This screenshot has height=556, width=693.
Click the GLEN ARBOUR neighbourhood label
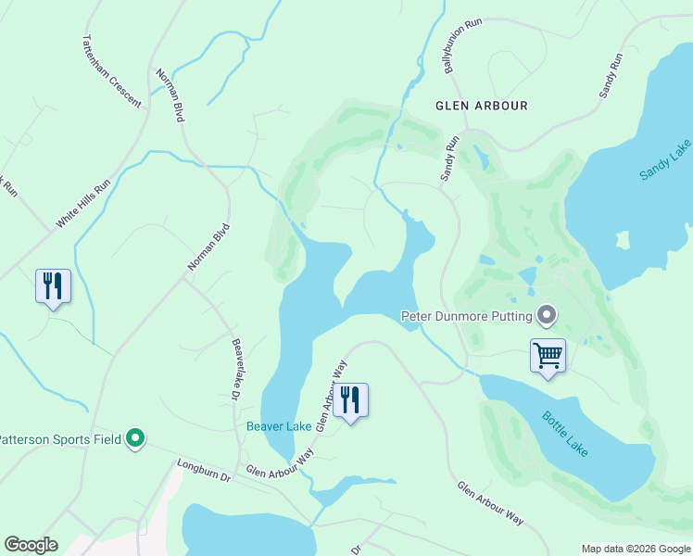click(x=482, y=106)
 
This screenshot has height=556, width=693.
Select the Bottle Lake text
click(x=565, y=432)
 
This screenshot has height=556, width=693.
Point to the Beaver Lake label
click(x=278, y=426)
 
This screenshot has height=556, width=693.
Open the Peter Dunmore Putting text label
click(x=466, y=317)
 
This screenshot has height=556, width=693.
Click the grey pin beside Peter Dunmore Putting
click(x=547, y=317)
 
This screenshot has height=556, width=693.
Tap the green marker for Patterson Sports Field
click(x=136, y=439)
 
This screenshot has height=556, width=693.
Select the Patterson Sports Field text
click(x=61, y=439)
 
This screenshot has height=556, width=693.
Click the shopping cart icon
click(x=548, y=355)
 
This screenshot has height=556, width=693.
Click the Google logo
click(x=31, y=545)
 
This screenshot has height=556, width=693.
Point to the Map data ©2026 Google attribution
click(x=635, y=549)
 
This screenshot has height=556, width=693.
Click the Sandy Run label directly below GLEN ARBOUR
click(x=450, y=158)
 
